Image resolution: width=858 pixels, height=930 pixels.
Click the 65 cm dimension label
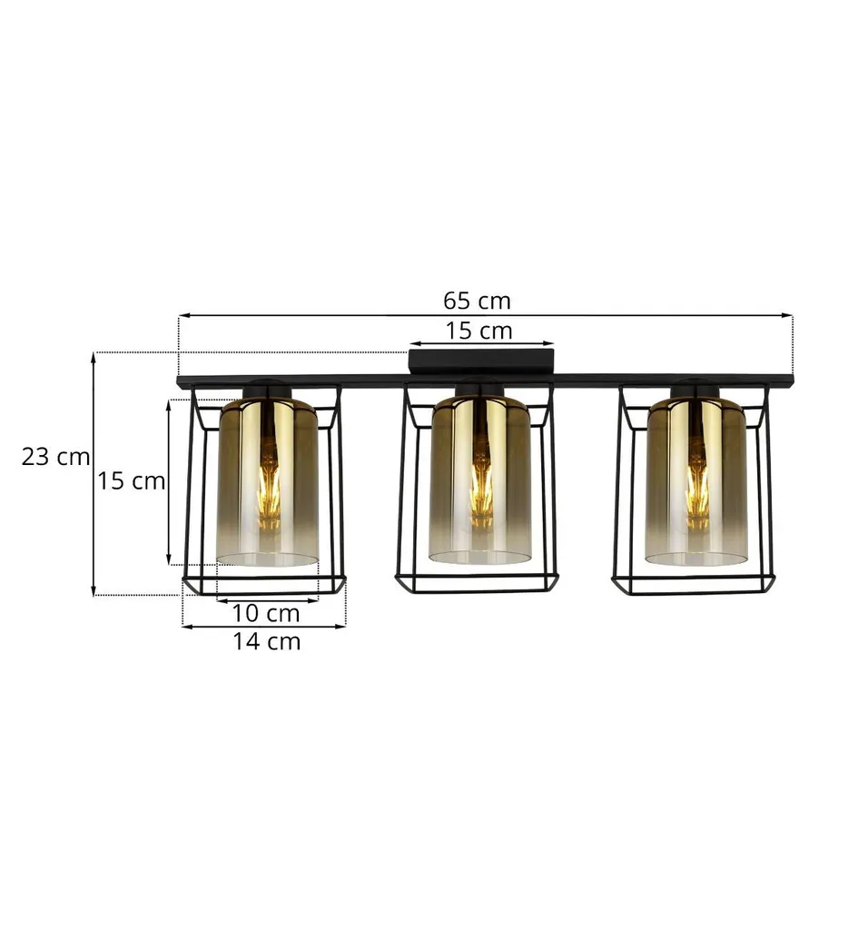(477, 301)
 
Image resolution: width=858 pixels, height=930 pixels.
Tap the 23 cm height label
(55, 457)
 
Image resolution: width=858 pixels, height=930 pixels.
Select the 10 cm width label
(266, 613)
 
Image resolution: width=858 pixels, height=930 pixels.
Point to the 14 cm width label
(266, 641)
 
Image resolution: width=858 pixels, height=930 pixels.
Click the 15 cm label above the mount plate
(479, 331)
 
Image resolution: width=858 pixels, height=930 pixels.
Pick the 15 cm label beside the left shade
(131, 480)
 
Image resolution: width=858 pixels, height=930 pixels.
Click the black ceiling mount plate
(481, 361)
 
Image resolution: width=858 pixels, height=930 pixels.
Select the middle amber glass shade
(480, 480)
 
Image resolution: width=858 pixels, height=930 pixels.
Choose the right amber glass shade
(696, 481)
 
